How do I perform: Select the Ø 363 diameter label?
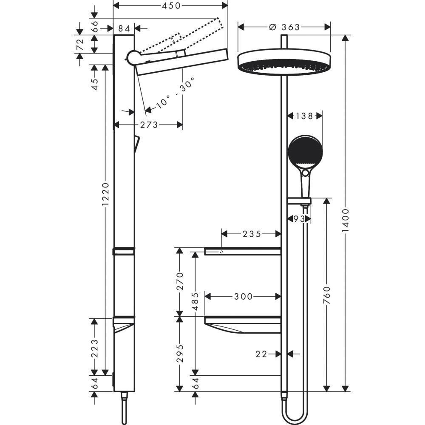[x=284, y=27]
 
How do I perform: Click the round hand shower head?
[x=305, y=152]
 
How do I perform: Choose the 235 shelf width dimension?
[x=251, y=234]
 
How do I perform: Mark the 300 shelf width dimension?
[x=243, y=296]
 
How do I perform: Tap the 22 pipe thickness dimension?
[x=262, y=354]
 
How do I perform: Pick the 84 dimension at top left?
[x=124, y=28]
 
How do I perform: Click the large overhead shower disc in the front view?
[x=284, y=62]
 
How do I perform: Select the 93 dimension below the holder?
[x=299, y=219]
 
